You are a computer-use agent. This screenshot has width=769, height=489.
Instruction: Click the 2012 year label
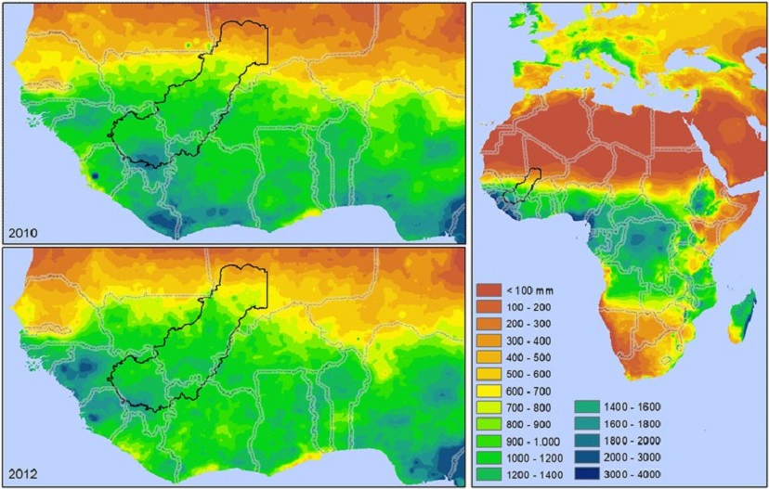point(22,475)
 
